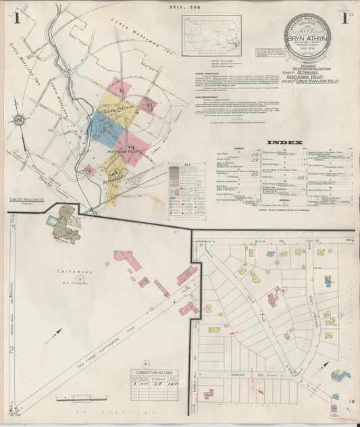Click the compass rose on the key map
pos(19,121)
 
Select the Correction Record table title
pos(155,372)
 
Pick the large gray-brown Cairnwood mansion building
pos(66,224)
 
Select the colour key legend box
pos(186,189)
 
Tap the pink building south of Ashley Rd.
pos(209,393)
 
